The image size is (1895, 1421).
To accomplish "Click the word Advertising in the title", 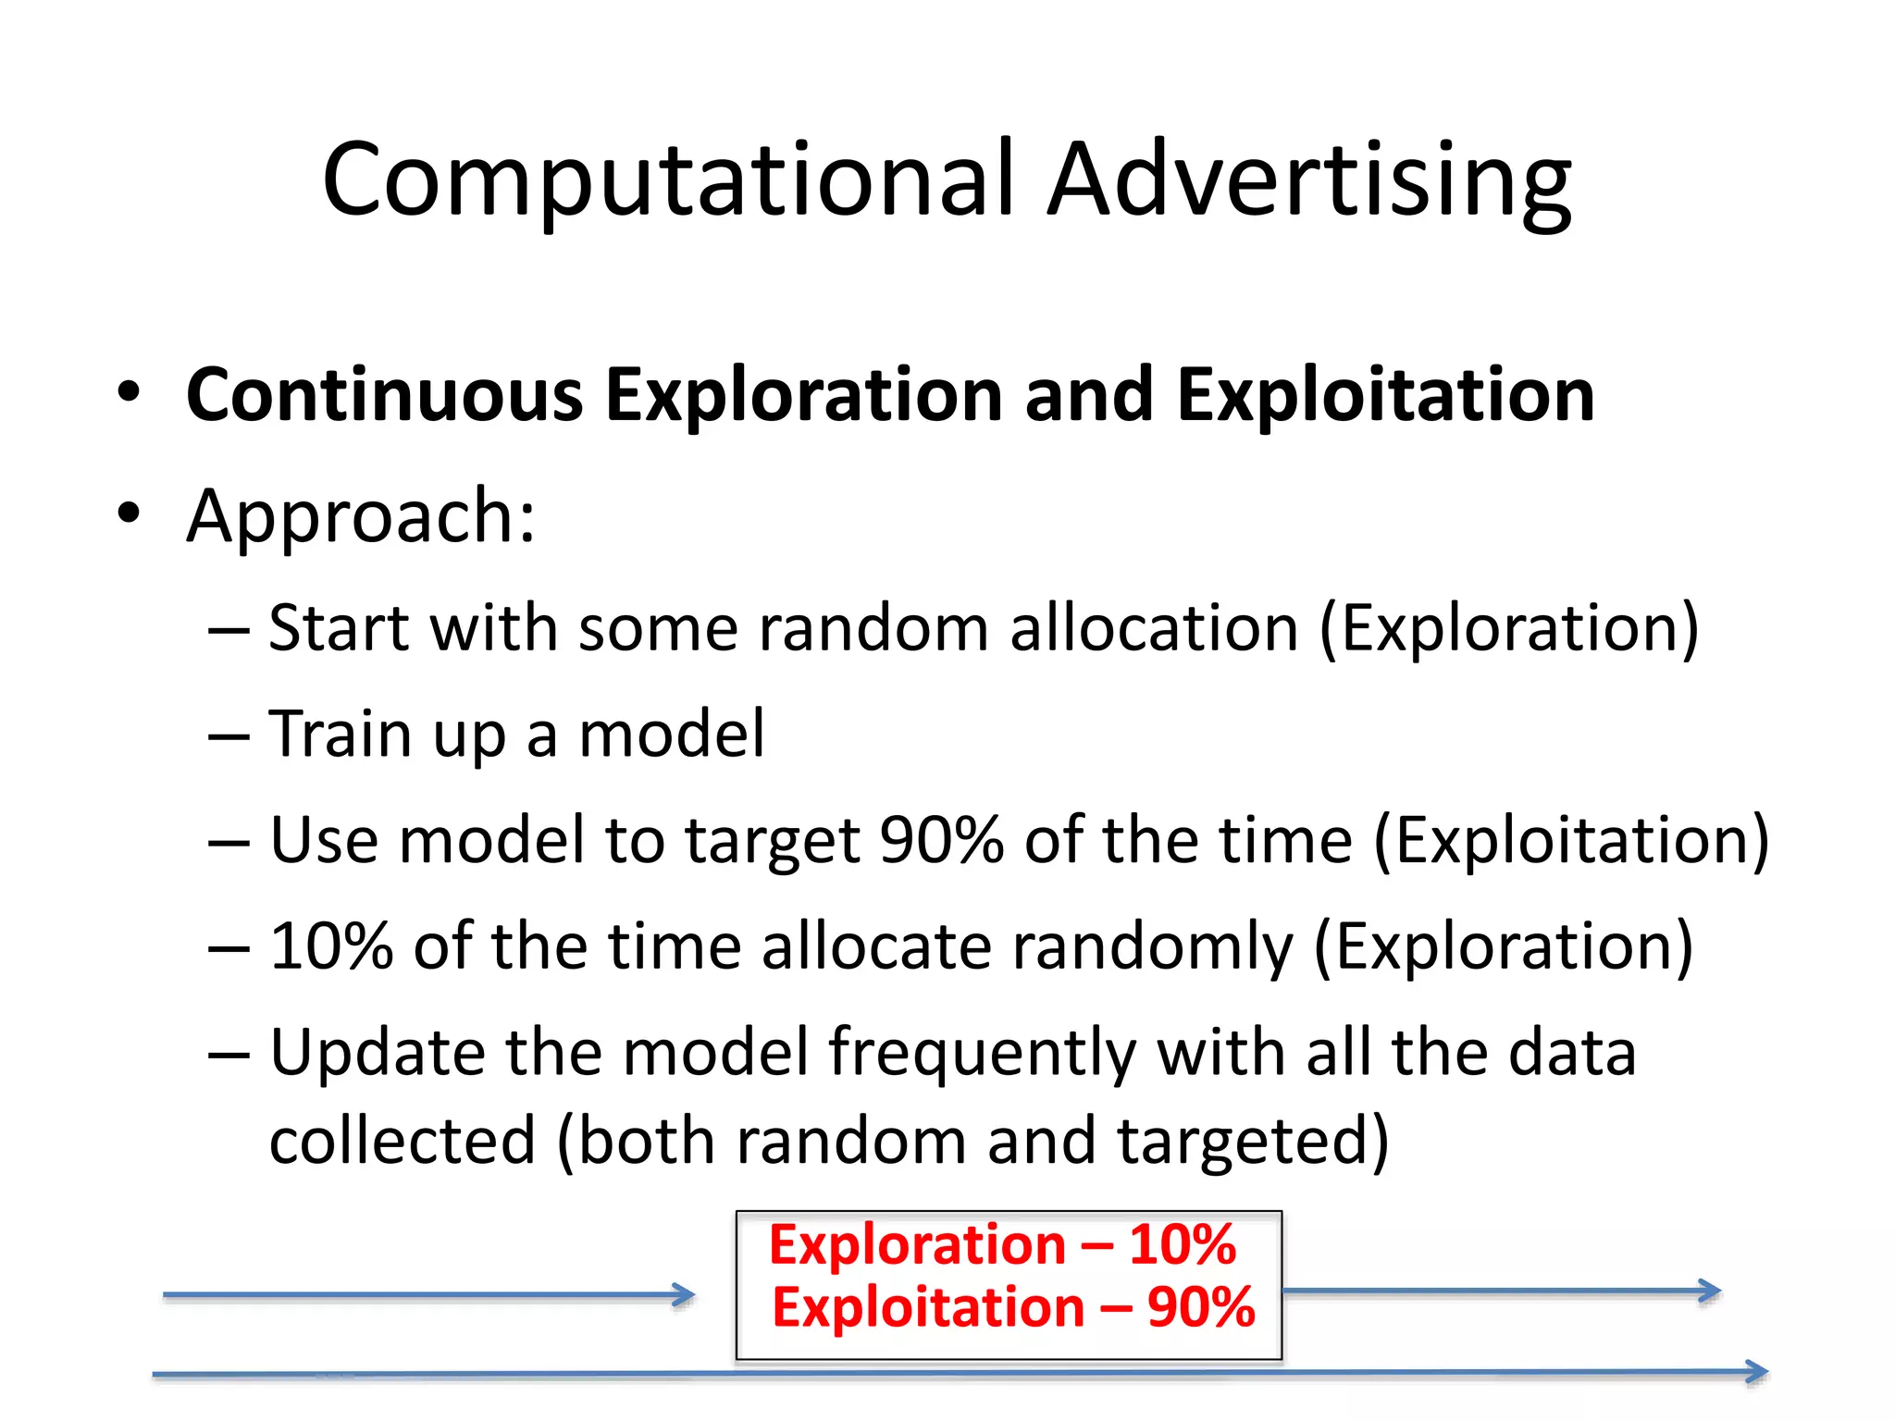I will coord(1308,180).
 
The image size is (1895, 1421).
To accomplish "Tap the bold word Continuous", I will coord(384,395).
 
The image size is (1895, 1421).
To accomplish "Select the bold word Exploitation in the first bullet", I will coord(1385,395).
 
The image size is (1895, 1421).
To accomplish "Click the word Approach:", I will coord(361,516).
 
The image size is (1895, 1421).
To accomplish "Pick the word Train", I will coord(339,735).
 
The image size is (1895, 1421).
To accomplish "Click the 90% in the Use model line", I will coord(941,840).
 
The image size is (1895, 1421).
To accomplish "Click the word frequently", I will coord(981,1056).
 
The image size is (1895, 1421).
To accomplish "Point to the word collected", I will coord(403,1141).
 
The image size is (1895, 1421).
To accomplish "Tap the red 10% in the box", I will coord(1182,1244).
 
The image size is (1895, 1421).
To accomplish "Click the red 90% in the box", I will coord(1200,1307).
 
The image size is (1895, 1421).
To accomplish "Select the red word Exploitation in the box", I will coord(928,1307).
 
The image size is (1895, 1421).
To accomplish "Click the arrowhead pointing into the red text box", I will coord(685,1295).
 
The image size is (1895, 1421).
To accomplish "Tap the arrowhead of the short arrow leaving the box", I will coord(1710,1291).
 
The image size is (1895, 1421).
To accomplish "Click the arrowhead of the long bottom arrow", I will coord(1757,1371).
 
